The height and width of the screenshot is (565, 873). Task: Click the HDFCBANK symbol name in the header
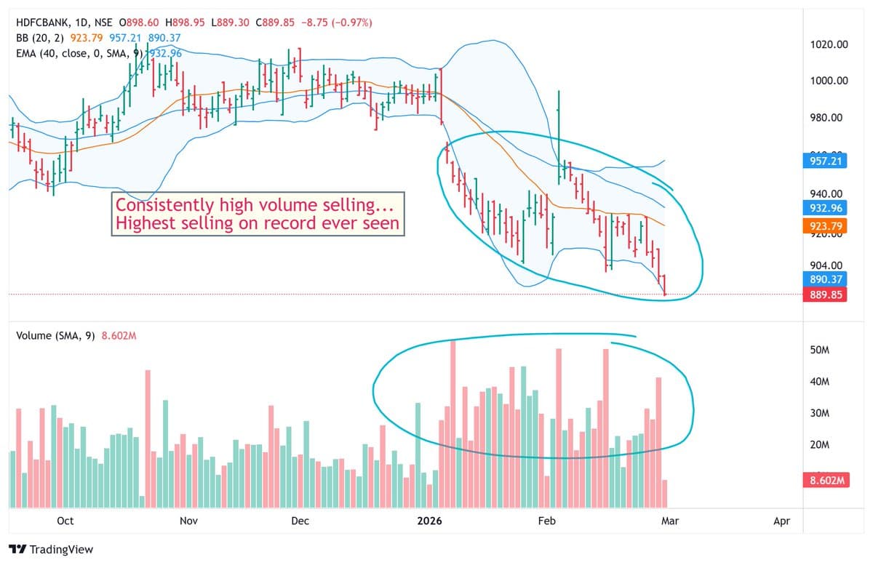41,23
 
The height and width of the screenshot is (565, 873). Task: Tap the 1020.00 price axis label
829,45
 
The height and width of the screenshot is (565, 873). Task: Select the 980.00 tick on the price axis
829,118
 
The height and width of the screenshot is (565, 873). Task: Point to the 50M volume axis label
820,350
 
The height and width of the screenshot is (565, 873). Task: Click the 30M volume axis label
820,413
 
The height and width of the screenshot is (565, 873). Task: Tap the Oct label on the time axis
65,521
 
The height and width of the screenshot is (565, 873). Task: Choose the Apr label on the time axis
781,521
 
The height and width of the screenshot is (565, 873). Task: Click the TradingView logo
51,550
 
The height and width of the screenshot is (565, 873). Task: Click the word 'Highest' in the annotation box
146,223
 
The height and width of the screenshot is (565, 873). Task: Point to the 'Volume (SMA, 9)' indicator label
55,336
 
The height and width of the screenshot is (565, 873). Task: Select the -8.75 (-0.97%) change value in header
335,23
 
